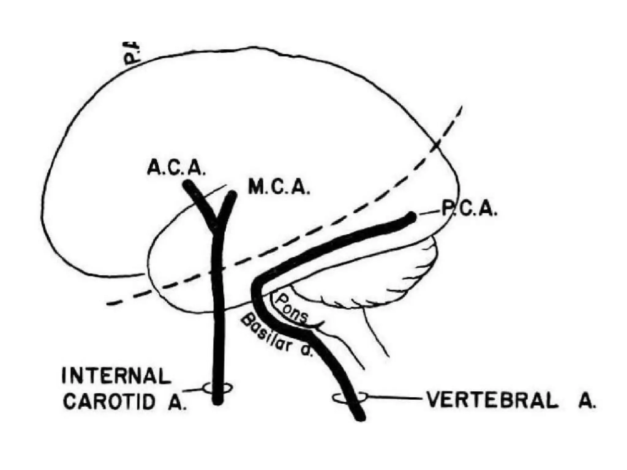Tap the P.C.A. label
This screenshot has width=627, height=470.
(468, 209)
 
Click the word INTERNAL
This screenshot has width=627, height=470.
(116, 376)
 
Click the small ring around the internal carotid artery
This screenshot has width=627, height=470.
(218, 388)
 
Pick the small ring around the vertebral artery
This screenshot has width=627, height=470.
(349, 397)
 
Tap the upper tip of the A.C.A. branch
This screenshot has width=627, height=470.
(187, 185)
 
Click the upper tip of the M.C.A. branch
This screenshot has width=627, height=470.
(233, 195)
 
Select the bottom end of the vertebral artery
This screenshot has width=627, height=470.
(361, 417)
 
